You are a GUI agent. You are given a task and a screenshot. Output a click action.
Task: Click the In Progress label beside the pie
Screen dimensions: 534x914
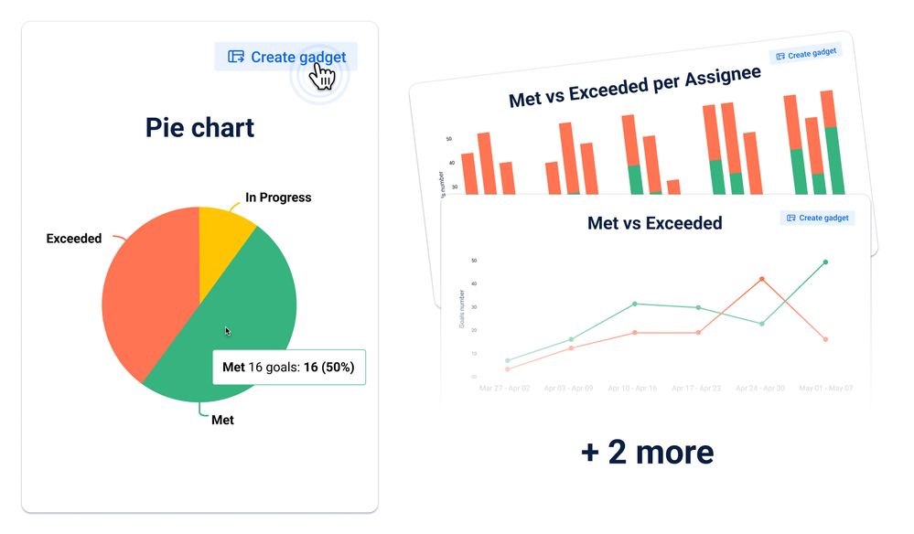[x=278, y=198]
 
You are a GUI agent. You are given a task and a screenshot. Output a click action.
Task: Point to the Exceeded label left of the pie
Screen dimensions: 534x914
[x=74, y=239]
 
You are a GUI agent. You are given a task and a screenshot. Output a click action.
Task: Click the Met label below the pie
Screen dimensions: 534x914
[x=222, y=420]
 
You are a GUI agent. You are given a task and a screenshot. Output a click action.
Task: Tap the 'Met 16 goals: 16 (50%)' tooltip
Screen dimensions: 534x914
[x=288, y=368]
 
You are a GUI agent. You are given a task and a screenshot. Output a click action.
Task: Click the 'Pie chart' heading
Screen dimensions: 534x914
[x=199, y=128]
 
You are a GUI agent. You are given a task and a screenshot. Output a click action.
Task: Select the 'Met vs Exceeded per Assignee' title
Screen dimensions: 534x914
[x=634, y=86]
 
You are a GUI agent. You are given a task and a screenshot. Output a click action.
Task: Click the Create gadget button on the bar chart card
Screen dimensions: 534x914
[x=806, y=54]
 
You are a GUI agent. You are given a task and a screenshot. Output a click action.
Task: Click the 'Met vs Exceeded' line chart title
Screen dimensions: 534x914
[x=654, y=223]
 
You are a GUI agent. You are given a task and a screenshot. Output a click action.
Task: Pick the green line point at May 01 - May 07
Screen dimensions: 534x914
[x=825, y=262]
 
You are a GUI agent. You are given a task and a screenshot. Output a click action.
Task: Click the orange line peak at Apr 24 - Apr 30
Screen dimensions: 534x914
[x=761, y=279]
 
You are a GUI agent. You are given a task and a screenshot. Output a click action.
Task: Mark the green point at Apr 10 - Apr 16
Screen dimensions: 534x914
[x=634, y=304]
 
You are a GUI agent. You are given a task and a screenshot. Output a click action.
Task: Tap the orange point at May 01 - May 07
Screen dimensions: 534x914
[x=825, y=339]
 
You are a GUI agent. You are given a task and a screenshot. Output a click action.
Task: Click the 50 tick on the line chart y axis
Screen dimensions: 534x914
[x=474, y=261]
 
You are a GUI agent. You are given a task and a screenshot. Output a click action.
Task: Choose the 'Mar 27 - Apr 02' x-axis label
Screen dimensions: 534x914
[x=505, y=389]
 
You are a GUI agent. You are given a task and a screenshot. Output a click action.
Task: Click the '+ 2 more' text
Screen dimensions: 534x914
[x=647, y=452]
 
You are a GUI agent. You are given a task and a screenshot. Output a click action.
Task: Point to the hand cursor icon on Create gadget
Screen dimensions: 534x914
[x=322, y=75]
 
